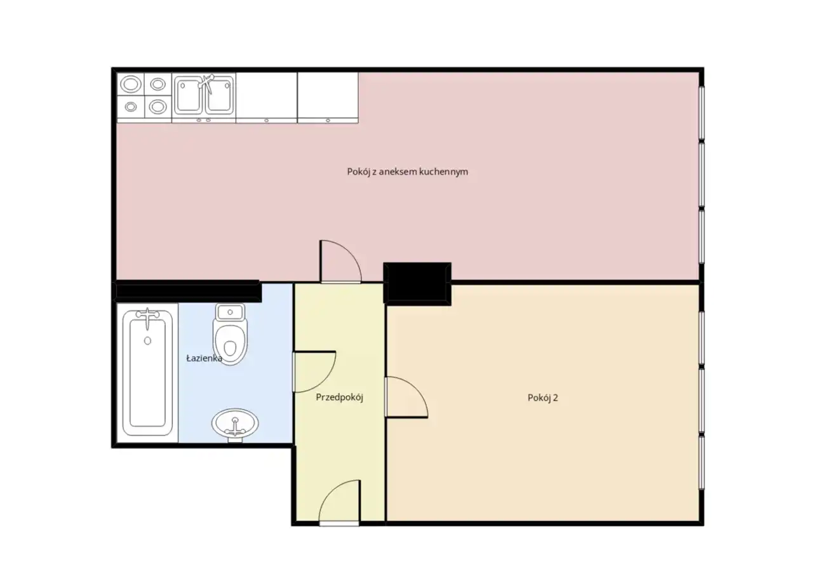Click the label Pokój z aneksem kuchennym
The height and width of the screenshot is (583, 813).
coord(407,171)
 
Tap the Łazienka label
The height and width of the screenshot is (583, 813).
coord(204,358)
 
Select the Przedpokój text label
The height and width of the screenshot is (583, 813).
coord(339,397)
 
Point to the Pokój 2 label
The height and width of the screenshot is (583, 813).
coord(542,398)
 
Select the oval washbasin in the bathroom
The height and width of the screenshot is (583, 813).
coord(235,424)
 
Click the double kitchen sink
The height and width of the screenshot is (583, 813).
coord(204,96)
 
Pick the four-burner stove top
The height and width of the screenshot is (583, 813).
coord(144,95)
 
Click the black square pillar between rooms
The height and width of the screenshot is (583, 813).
coord(417,284)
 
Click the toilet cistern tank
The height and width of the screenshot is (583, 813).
coord(230,312)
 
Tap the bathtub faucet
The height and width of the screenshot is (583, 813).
coord(147,316)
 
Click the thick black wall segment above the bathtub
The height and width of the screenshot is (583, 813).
coord(187,291)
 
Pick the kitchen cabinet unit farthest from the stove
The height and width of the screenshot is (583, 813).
coord(328,98)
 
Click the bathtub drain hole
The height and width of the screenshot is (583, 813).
coord(147,340)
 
